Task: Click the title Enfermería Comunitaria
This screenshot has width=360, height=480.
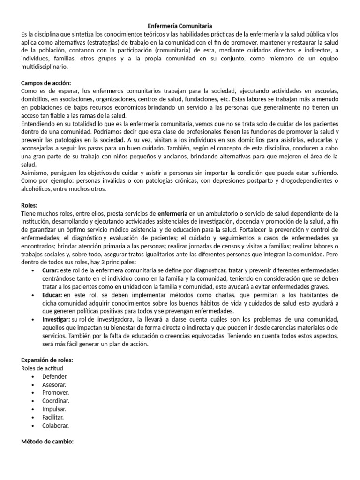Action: coord(180,26)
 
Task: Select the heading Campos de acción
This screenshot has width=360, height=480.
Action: coord(46,82)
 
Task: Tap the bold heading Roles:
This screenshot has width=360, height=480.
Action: coord(30,205)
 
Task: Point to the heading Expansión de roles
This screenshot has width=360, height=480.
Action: coord(47,360)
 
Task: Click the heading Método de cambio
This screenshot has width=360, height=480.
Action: coord(48,441)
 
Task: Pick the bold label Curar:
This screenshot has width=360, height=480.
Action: coord(50,270)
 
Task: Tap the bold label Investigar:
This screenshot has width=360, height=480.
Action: coord(56,319)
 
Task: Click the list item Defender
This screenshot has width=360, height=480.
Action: coord(55,376)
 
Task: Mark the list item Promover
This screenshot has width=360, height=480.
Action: coord(55,392)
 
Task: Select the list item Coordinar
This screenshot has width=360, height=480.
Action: coord(56,401)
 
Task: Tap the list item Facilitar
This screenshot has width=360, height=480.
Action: coord(53,417)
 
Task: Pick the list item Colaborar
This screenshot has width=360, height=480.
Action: coord(55,425)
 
